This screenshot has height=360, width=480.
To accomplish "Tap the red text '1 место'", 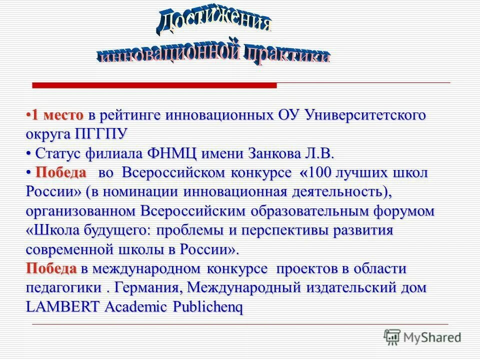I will pos(57,115).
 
